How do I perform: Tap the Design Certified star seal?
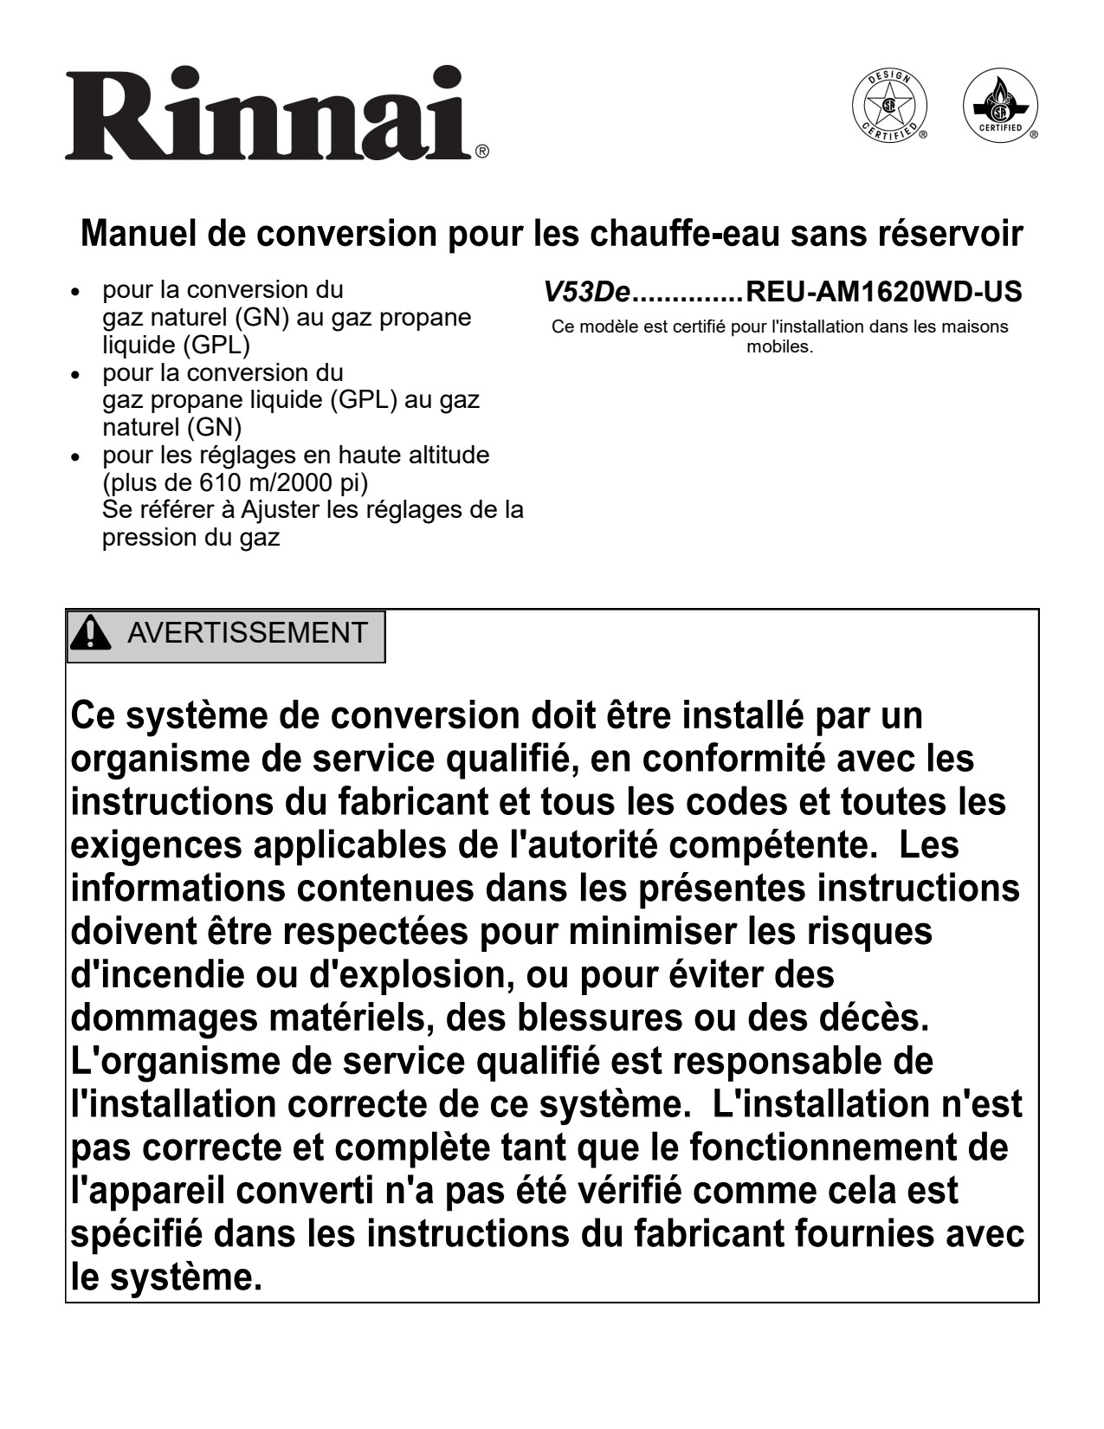(889, 108)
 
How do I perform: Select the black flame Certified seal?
(999, 108)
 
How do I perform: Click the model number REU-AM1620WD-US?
(882, 292)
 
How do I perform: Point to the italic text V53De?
(585, 292)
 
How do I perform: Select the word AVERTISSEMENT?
(248, 633)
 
